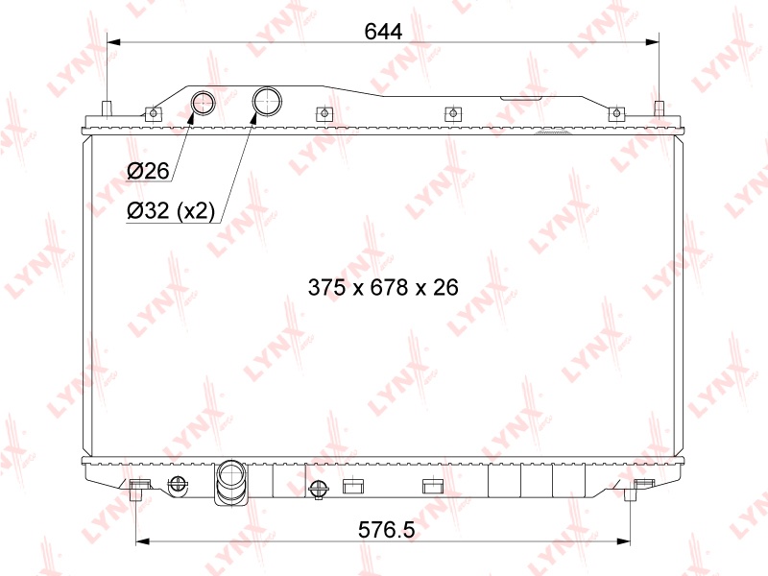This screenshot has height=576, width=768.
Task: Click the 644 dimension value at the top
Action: click(383, 32)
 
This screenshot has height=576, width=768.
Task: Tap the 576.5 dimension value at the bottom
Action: click(387, 530)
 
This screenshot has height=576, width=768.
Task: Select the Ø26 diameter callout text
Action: click(148, 171)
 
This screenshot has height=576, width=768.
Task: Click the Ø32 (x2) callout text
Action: click(171, 210)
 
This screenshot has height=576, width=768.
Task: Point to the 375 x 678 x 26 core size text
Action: click(383, 287)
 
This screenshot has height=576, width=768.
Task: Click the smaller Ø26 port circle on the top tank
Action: click(203, 103)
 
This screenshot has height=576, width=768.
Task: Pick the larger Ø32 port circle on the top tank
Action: click(267, 102)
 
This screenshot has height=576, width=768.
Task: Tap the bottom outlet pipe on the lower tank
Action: click(231, 482)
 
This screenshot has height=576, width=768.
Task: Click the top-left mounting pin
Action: click(107, 109)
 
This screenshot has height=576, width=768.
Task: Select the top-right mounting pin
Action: click(660, 109)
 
